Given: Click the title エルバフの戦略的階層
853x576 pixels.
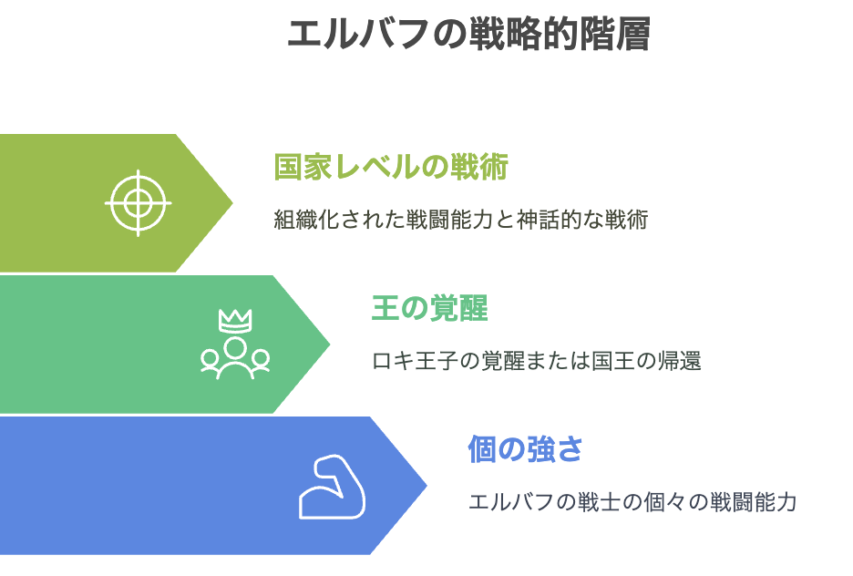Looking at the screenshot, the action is [468, 35].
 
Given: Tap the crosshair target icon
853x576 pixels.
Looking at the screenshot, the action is [139, 203].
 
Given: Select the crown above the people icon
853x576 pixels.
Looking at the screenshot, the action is [235, 321].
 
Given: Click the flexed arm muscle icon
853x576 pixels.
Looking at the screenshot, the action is [332, 487].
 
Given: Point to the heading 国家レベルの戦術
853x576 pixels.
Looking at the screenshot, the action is [391, 167].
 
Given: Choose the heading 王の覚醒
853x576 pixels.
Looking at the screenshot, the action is [430, 308].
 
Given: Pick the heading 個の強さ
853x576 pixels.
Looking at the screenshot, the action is [526, 449].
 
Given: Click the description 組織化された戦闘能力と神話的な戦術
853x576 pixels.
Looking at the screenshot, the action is [461, 220].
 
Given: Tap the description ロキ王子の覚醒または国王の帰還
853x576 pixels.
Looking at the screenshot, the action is [537, 361].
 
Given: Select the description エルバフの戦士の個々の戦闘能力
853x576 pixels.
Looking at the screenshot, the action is [632, 502].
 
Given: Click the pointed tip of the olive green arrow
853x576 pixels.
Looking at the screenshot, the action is [232, 203].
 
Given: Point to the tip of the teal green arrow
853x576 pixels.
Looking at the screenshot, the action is [330, 344].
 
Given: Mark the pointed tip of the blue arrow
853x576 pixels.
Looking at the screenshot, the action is [426, 485].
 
